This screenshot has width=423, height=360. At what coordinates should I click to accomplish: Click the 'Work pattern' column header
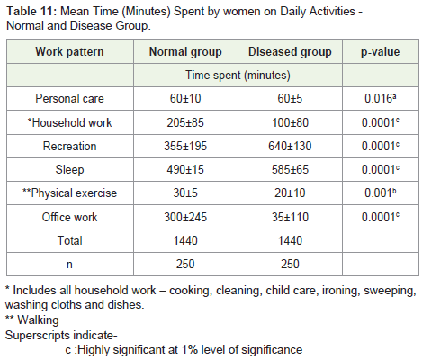coord(69,51)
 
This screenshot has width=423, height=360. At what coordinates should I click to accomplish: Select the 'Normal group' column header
coord(185,51)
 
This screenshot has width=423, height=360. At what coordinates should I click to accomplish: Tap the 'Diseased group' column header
coord(290,51)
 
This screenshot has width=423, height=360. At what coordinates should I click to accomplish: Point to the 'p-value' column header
coord(380,52)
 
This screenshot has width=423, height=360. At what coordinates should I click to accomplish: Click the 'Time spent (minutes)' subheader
coord(238,75)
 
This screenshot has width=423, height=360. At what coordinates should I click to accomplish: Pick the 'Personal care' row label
coord(69,98)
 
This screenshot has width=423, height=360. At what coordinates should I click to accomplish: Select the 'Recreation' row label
coord(69,146)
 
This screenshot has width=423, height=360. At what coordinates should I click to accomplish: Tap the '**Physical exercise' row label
coord(69,193)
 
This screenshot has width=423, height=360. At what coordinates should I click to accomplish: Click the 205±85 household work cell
coord(185,122)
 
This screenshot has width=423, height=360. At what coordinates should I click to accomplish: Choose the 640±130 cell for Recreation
coord(290,146)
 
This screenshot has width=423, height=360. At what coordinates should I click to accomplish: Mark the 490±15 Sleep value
coord(185,169)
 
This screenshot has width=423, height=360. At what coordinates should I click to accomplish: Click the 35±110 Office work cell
coord(290,217)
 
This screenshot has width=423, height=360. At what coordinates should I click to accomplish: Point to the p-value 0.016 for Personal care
coord(380,98)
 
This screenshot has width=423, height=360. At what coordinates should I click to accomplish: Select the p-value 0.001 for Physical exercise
coord(380,193)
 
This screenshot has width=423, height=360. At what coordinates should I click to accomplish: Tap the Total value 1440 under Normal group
coord(185,240)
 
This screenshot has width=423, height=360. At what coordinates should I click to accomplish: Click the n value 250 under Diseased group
coord(290,264)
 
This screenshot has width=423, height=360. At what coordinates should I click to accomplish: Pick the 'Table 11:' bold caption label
coord(31,12)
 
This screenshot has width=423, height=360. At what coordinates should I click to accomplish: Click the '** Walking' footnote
coord(32,319)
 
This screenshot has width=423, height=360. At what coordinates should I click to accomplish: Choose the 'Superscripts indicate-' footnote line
coord(61,335)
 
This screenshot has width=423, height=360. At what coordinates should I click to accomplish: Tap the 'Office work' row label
coord(69,217)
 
